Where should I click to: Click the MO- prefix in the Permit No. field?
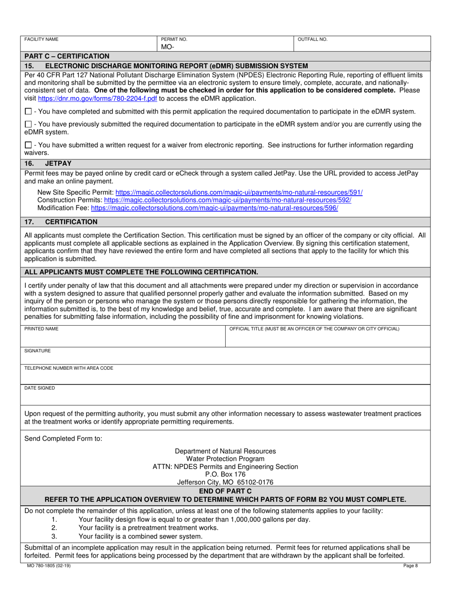point(167,47)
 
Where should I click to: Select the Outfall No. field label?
point(313,39)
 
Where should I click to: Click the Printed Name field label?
point(41,329)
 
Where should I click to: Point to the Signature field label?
point(37,350)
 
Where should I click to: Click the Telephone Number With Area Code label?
point(68,368)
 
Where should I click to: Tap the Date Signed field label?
point(39,388)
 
